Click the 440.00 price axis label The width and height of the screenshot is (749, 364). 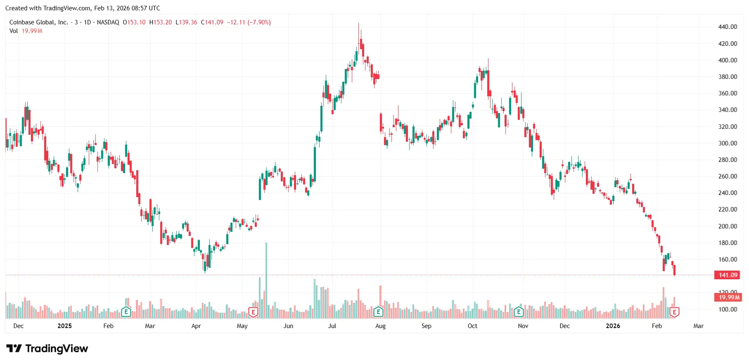(728, 27)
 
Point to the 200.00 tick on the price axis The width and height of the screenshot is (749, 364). (728, 226)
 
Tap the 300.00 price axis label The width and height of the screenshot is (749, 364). (728, 143)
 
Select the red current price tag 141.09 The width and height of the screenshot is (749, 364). (728, 275)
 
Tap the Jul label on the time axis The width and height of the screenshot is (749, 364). (332, 326)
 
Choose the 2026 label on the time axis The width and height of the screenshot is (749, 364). (613, 326)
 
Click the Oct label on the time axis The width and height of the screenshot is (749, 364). (472, 326)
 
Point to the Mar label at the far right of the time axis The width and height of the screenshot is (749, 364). (698, 326)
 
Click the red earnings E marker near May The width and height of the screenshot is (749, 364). (253, 312)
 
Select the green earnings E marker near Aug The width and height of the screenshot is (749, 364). (378, 312)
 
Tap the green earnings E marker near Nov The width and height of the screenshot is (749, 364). (519, 312)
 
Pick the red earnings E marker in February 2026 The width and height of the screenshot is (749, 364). (674, 312)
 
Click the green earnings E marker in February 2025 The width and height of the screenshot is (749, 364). (126, 312)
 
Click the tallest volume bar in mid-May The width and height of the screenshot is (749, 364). (266, 281)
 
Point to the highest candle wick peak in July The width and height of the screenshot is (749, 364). (358, 24)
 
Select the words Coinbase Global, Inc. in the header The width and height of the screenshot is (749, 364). (39, 22)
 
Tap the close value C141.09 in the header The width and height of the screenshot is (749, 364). (212, 22)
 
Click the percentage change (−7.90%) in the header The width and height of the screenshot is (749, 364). (259, 22)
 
